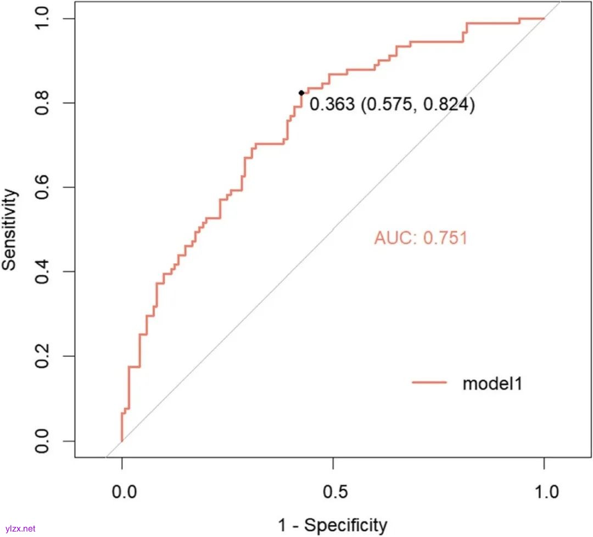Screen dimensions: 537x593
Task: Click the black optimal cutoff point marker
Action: pyautogui.click(x=301, y=93)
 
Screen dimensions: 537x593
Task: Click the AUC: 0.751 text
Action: pyautogui.click(x=421, y=238)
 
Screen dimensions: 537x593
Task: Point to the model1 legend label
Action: pyautogui.click(x=492, y=383)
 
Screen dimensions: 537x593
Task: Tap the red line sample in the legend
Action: pyautogui.click(x=429, y=383)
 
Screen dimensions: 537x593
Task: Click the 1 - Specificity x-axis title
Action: pyautogui.click(x=333, y=525)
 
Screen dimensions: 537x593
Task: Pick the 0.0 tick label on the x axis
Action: pyautogui.click(x=121, y=490)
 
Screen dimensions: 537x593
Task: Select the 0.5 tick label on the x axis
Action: pyautogui.click(x=333, y=490)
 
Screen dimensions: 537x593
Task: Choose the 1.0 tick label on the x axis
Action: pyautogui.click(x=544, y=490)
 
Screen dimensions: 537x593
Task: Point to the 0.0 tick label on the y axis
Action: pyautogui.click(x=42, y=441)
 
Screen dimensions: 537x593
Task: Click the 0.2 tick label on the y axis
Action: pyautogui.click(x=42, y=357)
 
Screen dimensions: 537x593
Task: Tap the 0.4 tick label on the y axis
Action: pyautogui.click(x=42, y=272)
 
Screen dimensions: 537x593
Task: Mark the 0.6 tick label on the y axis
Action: pyautogui.click(x=42, y=188)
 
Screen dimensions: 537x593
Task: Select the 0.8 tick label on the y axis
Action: pyautogui.click(x=42, y=103)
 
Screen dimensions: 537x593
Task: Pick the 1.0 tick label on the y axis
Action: pyautogui.click(x=42, y=19)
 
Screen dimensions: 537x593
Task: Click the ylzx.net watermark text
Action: pyautogui.click(x=19, y=529)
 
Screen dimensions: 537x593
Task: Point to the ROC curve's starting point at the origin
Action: pyautogui.click(x=121, y=440)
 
